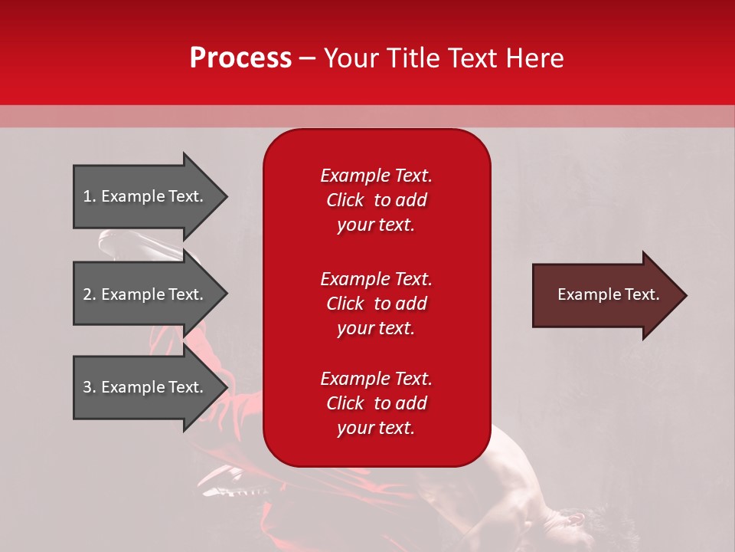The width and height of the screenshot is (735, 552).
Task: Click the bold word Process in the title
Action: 240,58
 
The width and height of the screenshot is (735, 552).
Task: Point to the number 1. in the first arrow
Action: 90,196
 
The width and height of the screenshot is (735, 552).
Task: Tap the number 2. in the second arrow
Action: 90,294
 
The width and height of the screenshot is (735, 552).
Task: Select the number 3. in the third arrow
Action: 90,387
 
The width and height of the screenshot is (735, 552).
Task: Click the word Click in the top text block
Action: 345,200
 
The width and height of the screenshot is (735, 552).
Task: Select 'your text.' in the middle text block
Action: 376,328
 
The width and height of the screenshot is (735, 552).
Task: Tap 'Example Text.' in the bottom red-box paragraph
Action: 376,379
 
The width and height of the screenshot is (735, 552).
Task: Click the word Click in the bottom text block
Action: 345,403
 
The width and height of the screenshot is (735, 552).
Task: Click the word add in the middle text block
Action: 411,304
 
